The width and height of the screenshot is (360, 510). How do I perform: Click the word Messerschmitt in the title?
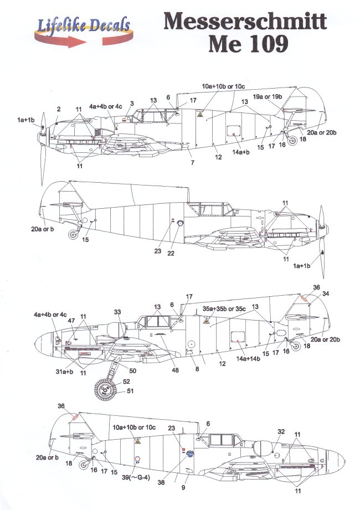pos(245,22)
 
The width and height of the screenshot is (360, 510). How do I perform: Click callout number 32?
pos(281,431)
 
